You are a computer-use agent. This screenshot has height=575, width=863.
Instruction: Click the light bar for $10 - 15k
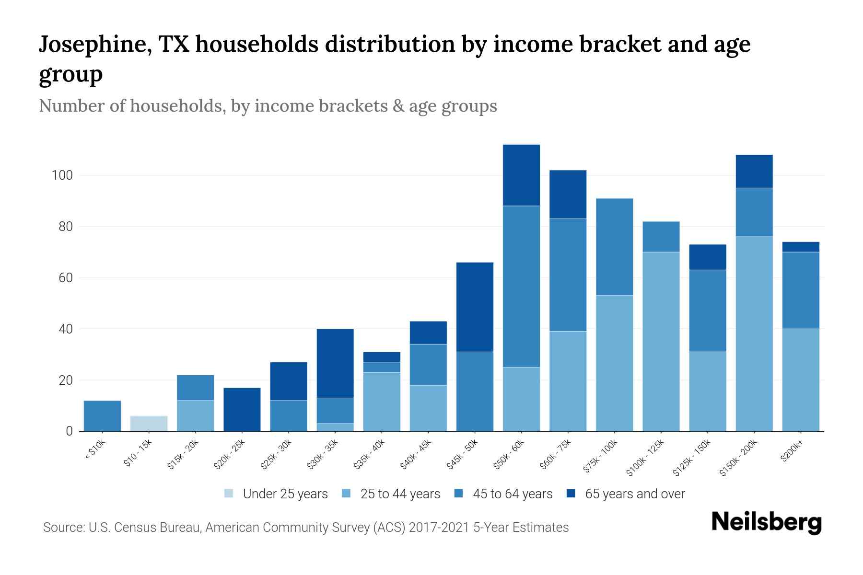coord(149,424)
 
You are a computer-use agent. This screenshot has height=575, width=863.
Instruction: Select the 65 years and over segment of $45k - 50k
coord(475,307)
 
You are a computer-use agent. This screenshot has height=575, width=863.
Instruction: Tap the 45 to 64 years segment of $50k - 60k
coord(521,287)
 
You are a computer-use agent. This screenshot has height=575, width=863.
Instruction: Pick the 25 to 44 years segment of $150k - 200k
coord(754,334)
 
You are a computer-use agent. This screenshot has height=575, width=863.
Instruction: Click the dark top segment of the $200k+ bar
coord(801,247)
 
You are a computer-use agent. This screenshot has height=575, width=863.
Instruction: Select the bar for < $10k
coord(102,416)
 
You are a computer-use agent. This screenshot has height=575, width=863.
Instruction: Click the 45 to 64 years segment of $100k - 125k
coord(661,237)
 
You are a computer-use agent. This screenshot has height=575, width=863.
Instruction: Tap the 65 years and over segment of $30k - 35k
coord(335,363)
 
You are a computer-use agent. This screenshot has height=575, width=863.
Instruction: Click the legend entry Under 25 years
coord(285,494)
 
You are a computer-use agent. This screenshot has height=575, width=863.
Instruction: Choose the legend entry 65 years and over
coord(635,494)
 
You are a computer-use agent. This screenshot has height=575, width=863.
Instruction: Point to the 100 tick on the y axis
coord(62,175)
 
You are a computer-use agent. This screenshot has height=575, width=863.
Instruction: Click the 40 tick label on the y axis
coord(65,329)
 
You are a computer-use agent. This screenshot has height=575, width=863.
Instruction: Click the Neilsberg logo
coord(766,522)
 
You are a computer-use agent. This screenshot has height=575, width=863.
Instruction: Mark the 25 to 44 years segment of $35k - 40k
coord(382,402)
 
